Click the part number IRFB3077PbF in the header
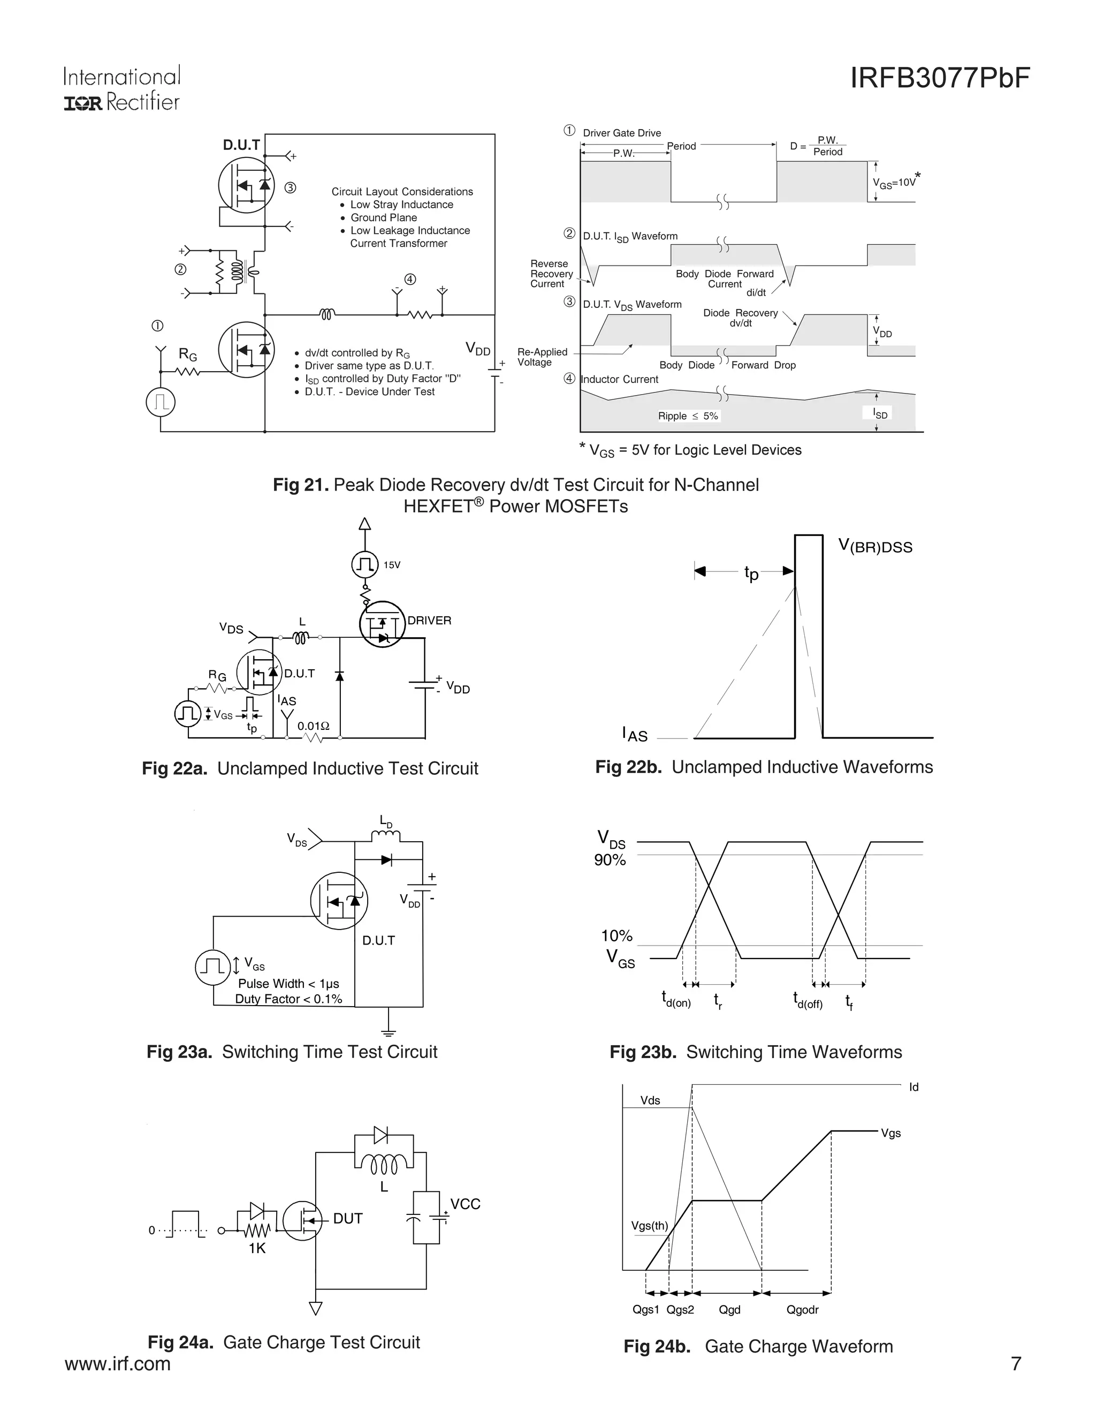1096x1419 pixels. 940,79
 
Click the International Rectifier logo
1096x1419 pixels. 121,89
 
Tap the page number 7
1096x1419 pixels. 1016,1363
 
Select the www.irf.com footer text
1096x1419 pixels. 118,1363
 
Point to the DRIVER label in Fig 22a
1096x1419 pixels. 429,621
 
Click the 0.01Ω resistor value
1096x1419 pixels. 314,726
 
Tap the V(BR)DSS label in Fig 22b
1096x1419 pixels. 874,546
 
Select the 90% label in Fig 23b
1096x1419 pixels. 610,861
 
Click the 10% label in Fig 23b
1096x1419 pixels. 616,936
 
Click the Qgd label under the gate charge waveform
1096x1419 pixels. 729,1310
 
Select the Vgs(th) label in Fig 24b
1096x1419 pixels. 649,1226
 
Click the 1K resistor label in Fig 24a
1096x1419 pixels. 257,1248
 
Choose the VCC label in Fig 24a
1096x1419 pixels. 465,1204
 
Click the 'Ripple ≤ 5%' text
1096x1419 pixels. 688,416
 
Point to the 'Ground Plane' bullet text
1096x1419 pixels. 383,217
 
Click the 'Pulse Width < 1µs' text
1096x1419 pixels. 288,984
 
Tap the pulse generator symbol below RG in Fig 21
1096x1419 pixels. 161,402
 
